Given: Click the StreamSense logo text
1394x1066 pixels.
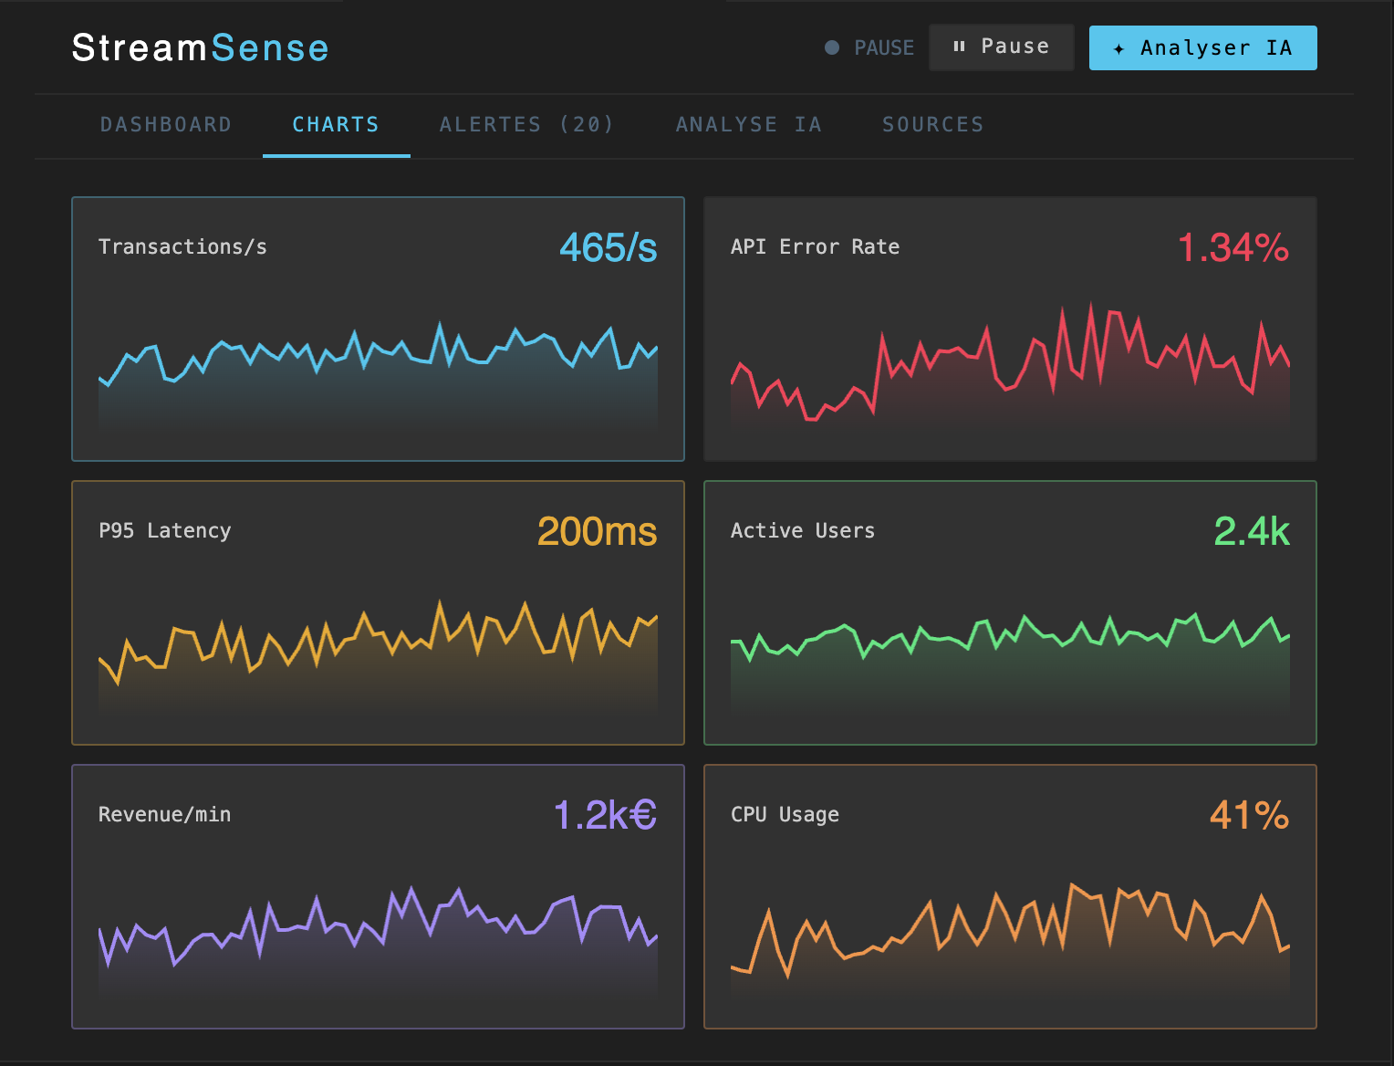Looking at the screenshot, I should point(200,47).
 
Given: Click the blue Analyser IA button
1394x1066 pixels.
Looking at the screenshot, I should point(1202,47).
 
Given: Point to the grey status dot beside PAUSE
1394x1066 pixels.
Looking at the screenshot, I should point(831,47).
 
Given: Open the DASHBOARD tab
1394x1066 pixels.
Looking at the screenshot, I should point(166,125).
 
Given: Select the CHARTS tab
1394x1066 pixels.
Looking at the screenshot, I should point(336,125).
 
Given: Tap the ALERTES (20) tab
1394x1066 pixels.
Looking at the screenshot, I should point(526,125).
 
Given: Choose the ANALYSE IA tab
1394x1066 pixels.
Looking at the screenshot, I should point(748,125).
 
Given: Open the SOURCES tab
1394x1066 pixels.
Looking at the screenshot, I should point(932,125).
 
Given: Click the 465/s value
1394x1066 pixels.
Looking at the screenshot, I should point(608,247).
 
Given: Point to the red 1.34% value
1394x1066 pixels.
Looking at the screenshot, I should point(1233,247).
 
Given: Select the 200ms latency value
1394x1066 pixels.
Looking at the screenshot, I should point(597,531).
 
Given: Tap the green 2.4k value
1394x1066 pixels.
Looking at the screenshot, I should point(1251,531).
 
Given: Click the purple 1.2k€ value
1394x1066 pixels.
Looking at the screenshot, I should point(605,815).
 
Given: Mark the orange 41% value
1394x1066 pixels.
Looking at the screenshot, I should point(1249,815).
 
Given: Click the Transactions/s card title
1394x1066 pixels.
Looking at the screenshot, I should point(182,247).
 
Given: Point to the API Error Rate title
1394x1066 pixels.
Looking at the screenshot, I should point(815,247).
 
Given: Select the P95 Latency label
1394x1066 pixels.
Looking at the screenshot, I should point(164,531).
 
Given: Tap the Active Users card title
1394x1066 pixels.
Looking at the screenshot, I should point(802,531).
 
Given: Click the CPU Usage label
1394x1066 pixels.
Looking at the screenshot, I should point(785,815).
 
